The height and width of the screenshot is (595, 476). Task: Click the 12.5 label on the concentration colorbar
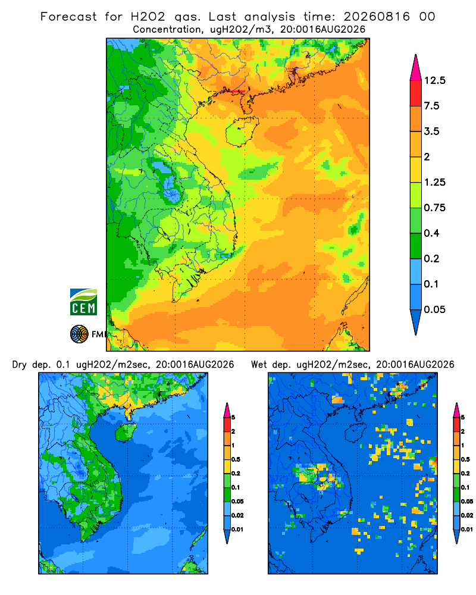pos(434,80)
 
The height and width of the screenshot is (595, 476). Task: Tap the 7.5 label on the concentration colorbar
pos(431,106)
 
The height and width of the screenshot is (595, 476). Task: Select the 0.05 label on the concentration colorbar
pos(434,309)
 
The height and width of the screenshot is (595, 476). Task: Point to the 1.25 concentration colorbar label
pos(434,182)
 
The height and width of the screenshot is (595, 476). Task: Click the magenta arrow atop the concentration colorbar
pos(416,69)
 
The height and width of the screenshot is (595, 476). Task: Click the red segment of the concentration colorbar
pos(416,93)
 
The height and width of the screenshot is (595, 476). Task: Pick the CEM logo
pos(83,302)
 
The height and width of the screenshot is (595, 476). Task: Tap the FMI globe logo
pos(79,334)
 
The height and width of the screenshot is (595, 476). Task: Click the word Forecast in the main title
pos(68,17)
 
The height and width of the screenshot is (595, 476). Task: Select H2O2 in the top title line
pos(148,17)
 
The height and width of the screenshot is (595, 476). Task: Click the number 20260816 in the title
pos(377,17)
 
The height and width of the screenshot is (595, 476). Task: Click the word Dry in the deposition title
pos(20,365)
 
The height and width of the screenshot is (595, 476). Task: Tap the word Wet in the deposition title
pos(259,365)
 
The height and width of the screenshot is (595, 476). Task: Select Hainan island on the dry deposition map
pos(126,432)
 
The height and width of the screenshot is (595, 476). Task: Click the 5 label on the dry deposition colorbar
pos(233,418)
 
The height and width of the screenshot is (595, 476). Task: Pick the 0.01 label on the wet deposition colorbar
pos(467,530)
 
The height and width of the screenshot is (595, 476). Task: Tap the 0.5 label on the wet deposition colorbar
pos(465,459)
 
